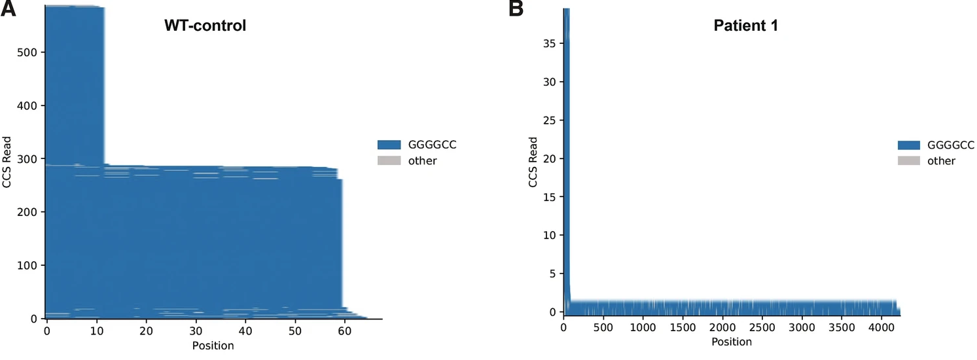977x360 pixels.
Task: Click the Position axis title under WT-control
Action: pyautogui.click(x=213, y=345)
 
